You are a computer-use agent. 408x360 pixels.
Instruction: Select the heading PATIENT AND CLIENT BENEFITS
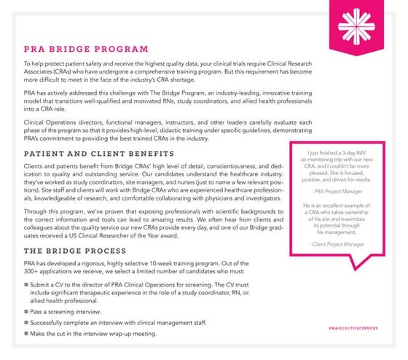[x=99, y=154]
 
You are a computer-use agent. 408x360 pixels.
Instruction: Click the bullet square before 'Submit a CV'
[x=26, y=286]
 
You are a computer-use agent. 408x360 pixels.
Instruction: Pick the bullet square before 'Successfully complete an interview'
[x=26, y=323]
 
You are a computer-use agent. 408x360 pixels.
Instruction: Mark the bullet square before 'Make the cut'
[x=26, y=334]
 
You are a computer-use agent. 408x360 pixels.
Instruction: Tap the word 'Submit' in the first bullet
[x=44, y=286]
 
